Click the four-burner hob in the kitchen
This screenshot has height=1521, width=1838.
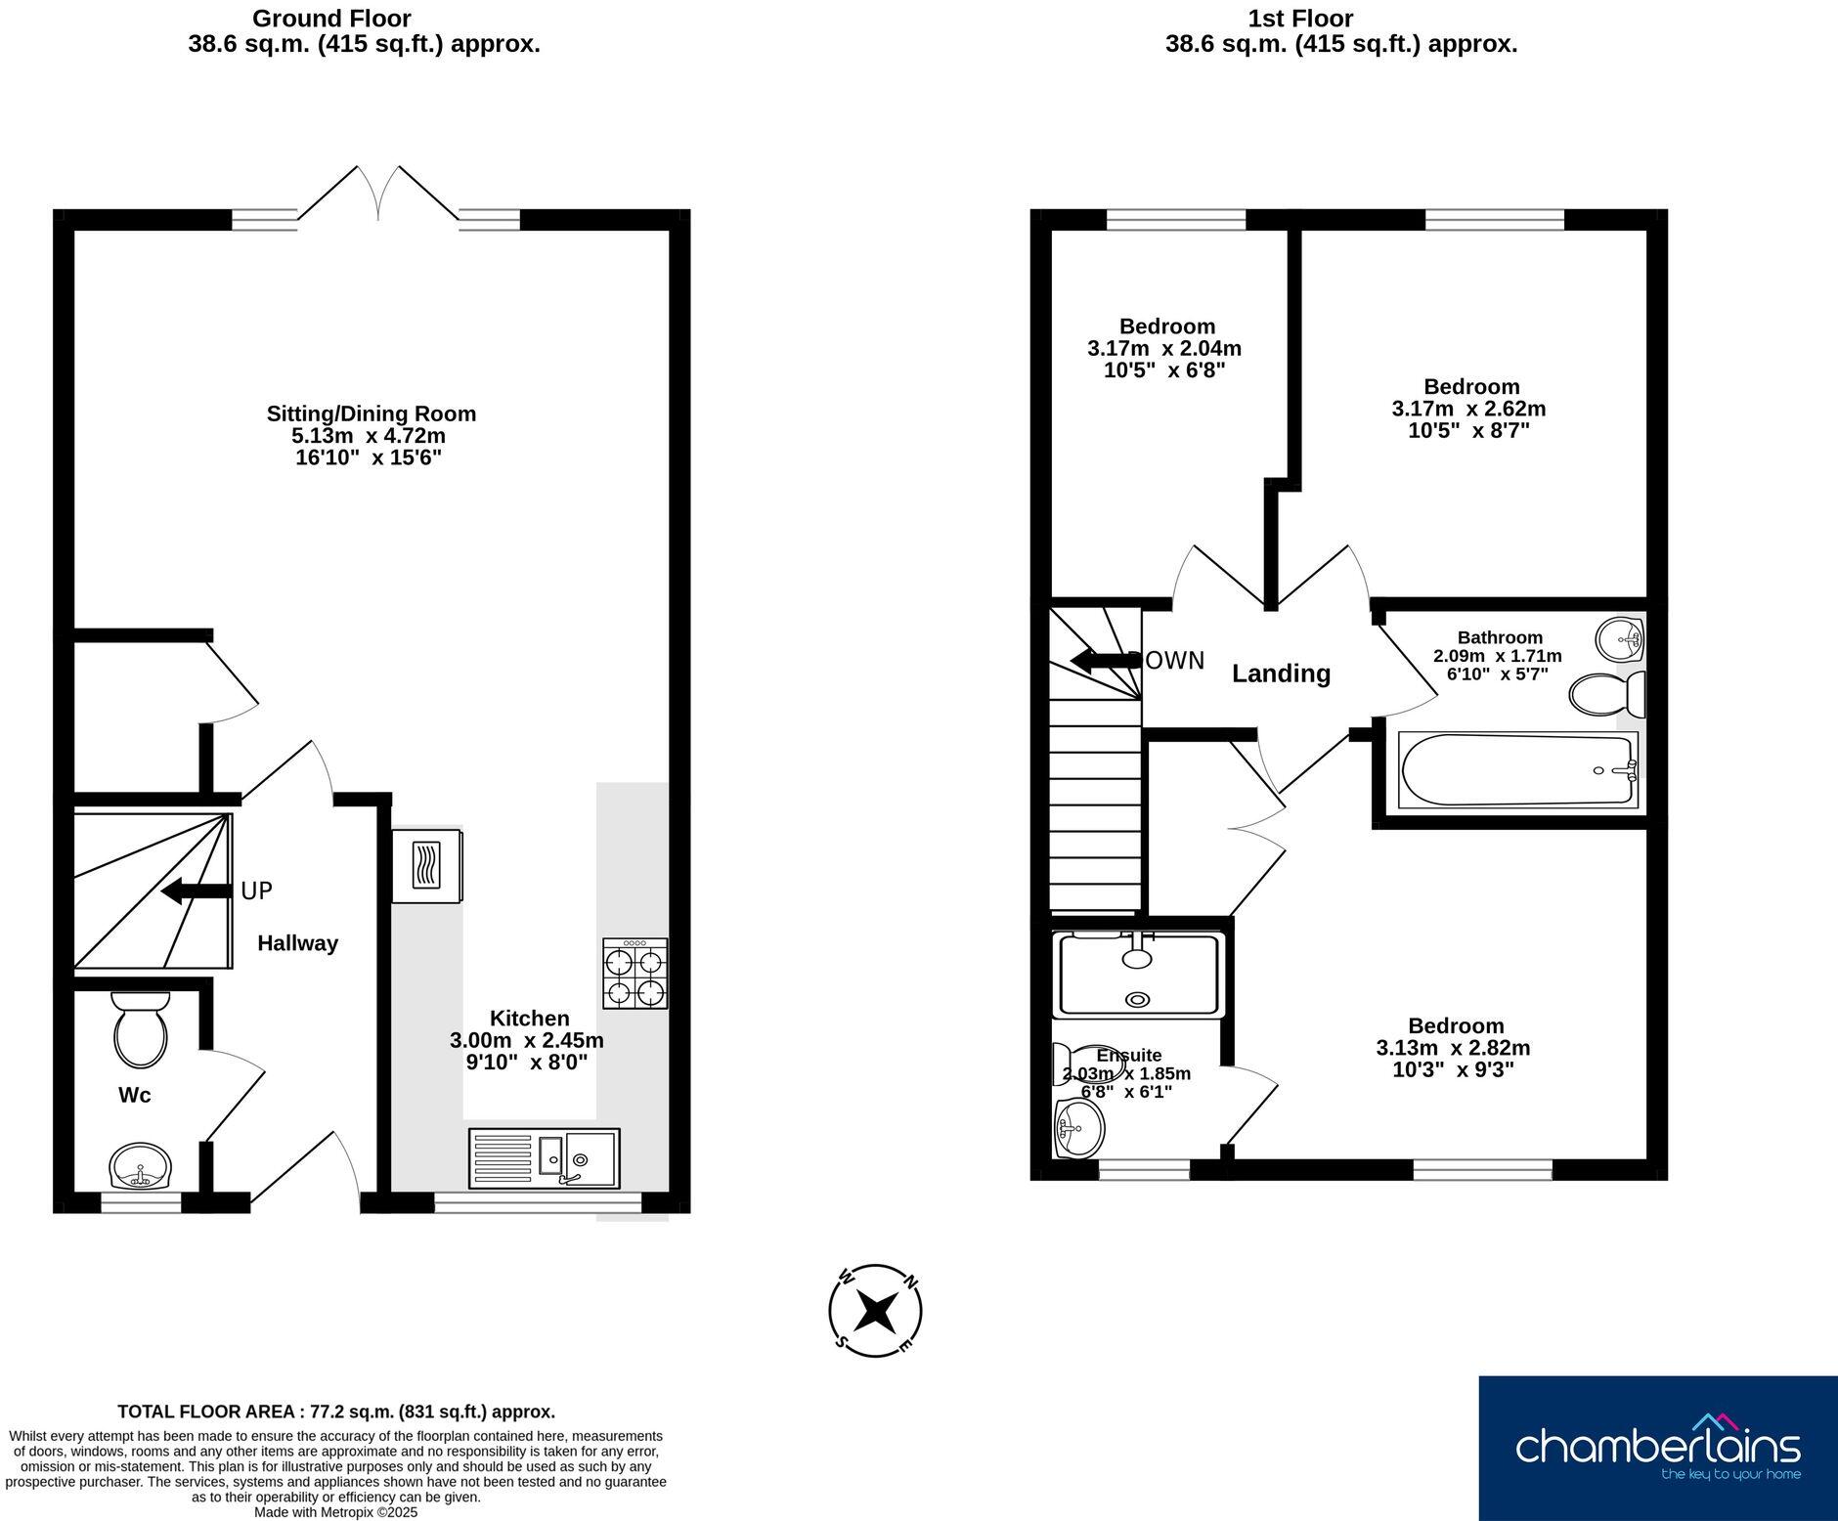[x=635, y=974]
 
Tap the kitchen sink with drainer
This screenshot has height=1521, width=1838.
[x=545, y=1158]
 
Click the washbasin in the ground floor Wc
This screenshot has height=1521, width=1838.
[x=141, y=1166]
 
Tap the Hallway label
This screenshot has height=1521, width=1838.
[x=297, y=943]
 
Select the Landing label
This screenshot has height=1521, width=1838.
[x=1281, y=674]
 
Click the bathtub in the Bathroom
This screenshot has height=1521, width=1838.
[x=1517, y=770]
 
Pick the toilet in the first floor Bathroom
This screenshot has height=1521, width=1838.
[x=1605, y=695]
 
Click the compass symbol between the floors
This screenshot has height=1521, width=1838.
[x=875, y=1311]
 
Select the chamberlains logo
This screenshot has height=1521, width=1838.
[x=1657, y=1448]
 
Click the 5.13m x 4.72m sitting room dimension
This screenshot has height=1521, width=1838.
[x=371, y=436]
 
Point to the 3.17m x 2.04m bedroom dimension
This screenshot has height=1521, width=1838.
[x=1163, y=349]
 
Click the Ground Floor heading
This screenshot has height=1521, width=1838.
[x=331, y=19]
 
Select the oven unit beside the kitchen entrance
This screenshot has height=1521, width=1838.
[x=426, y=866]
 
